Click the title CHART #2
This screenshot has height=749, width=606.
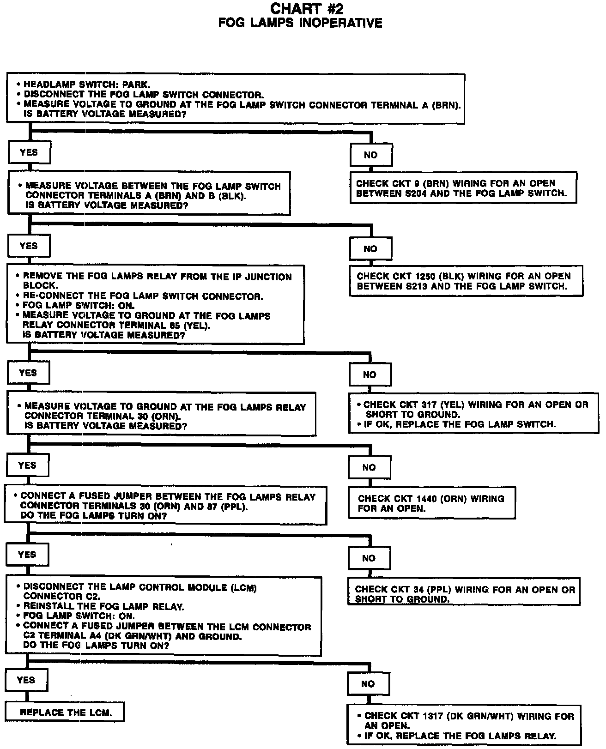pos(300,9)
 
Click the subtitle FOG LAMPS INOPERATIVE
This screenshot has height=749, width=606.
pos(300,23)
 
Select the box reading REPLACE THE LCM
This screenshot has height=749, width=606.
pos(65,712)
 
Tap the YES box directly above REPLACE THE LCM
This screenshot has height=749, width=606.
pos(26,680)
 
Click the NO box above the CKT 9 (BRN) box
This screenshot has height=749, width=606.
pos(371,155)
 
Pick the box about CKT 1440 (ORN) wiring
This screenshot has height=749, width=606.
pos(431,503)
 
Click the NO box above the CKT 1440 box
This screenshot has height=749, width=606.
pos(369,467)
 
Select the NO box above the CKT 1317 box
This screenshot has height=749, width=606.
pos(368,684)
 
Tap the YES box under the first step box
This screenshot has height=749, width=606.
pos(29,152)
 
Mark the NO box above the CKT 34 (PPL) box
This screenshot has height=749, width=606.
pos(369,558)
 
